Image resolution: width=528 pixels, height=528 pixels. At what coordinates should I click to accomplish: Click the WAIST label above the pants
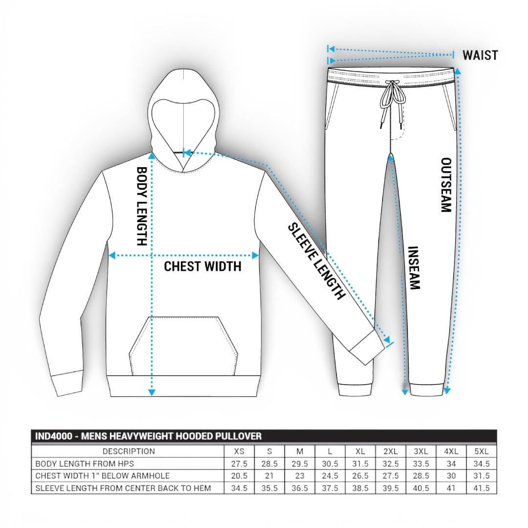click(480, 55)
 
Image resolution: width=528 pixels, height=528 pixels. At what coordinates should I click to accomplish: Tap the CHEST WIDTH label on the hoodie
click(202, 266)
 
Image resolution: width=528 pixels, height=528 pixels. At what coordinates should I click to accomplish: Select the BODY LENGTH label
click(141, 206)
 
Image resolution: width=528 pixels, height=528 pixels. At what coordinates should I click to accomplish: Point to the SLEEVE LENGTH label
click(316, 261)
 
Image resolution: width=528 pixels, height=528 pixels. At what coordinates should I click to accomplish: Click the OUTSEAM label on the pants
click(445, 184)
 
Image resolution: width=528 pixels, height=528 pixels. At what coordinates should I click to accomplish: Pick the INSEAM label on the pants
click(414, 267)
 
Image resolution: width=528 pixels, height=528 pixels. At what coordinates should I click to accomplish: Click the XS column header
click(240, 451)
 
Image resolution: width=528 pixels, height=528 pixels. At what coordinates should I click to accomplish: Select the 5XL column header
click(482, 451)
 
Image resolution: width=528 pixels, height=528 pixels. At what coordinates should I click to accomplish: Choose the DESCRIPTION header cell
click(129, 451)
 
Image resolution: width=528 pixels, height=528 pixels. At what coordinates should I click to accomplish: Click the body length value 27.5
click(240, 463)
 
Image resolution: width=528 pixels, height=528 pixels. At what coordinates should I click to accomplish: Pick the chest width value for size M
click(300, 476)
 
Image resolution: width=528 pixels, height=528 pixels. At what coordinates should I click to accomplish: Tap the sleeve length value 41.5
click(482, 488)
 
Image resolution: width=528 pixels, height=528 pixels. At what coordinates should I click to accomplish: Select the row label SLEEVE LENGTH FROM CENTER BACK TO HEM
click(123, 488)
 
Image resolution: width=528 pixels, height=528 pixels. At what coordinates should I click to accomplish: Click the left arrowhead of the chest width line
click(111, 255)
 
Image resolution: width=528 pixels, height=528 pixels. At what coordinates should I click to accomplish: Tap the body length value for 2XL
click(391, 463)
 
